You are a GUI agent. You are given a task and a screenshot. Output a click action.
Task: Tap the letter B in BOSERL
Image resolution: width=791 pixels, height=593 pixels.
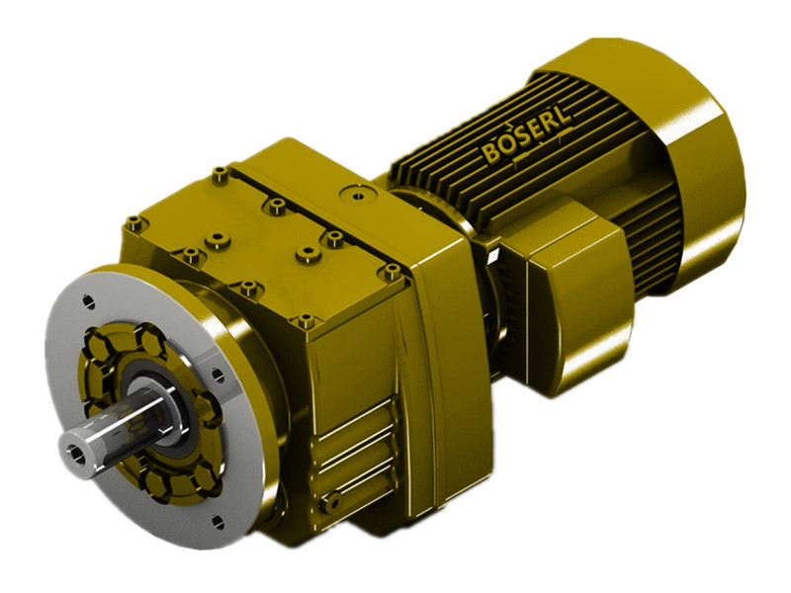(491, 155)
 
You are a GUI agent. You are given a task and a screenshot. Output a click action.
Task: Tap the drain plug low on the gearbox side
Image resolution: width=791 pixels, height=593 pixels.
(333, 505)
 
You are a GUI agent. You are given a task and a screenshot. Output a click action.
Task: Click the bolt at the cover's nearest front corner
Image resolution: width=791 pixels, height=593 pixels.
(305, 320)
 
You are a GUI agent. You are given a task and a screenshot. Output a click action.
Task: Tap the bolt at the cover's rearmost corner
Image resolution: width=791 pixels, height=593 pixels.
(220, 176)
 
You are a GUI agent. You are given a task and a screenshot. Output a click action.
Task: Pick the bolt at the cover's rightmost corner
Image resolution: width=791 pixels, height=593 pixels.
(392, 268)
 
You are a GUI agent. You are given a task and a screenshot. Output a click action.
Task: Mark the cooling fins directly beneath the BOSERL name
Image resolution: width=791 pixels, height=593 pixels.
(554, 183)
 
